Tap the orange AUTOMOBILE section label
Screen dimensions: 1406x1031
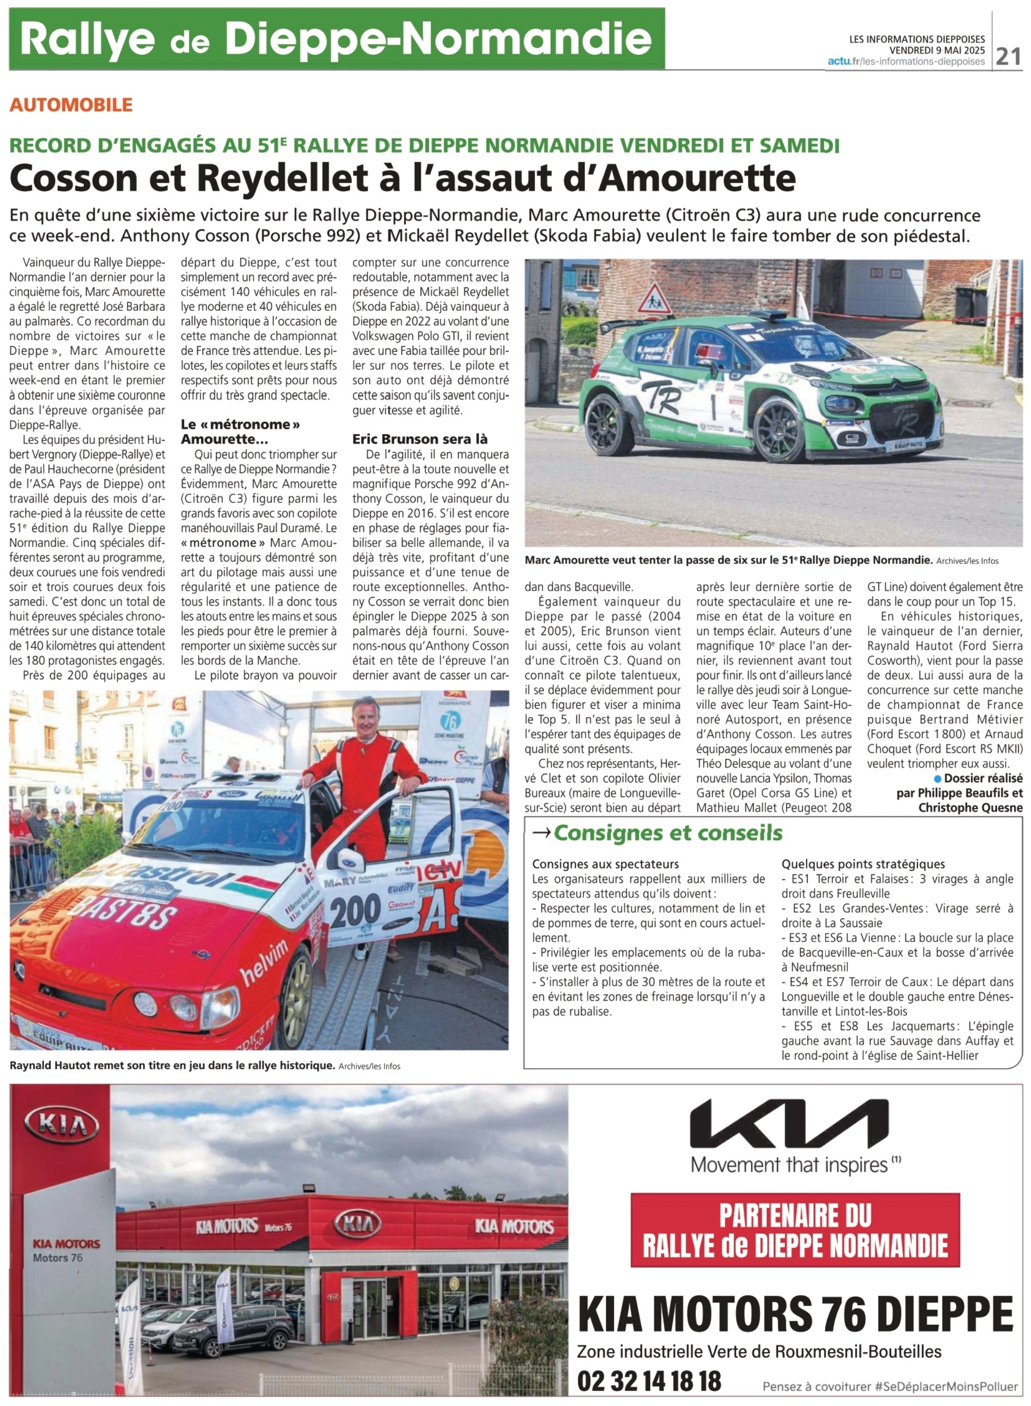pyautogui.click(x=71, y=104)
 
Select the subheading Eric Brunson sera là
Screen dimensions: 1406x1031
pyautogui.click(x=419, y=439)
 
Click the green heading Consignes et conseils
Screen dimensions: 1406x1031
pyautogui.click(x=668, y=832)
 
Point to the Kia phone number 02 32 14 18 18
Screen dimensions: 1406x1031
pyautogui.click(x=649, y=1381)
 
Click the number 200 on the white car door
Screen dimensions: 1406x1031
pyautogui.click(x=355, y=910)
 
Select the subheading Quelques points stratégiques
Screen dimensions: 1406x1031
pyautogui.click(x=863, y=864)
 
